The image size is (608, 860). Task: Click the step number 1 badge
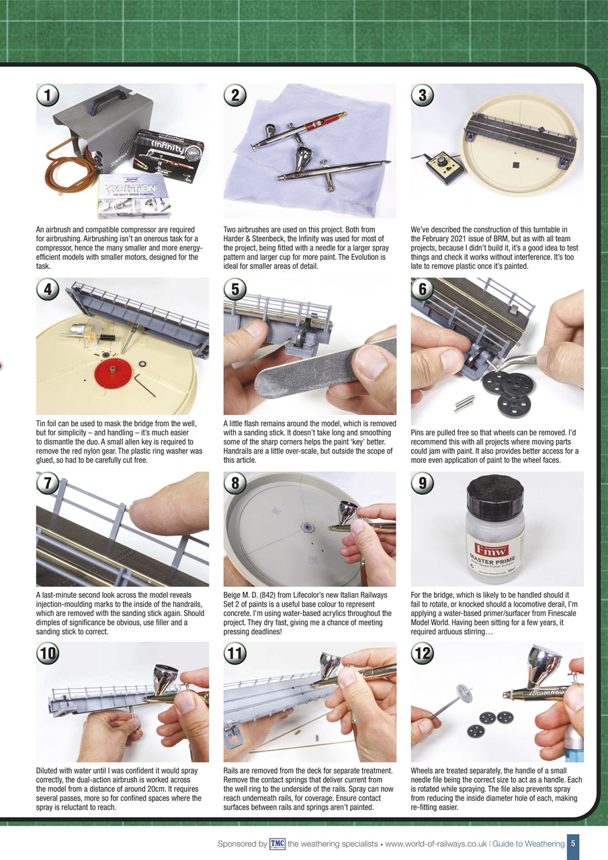tap(46, 95)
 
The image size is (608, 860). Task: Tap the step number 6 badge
tap(422, 290)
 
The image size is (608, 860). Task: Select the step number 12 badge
tap(422, 652)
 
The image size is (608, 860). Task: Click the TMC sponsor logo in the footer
tap(277, 844)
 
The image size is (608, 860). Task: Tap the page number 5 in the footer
tap(571, 844)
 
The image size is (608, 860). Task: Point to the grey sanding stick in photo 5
tap(316, 376)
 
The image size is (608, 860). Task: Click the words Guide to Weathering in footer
tap(529, 844)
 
